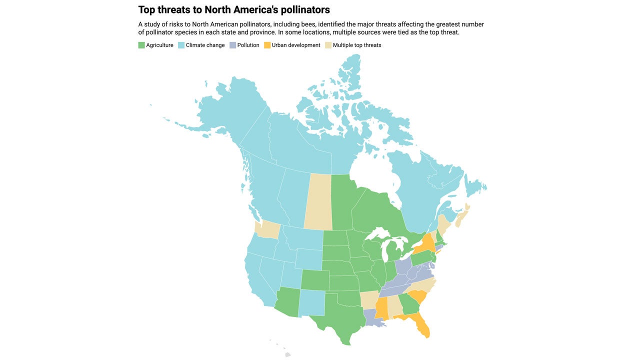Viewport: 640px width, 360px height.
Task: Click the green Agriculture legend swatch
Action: coord(141,45)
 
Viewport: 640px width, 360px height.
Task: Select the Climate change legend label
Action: coord(205,45)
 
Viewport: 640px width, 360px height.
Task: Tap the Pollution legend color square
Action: coord(232,45)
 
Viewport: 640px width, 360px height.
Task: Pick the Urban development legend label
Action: coord(296,45)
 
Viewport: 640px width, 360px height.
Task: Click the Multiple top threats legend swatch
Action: coord(328,45)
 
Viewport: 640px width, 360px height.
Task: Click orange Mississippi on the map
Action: coord(381,307)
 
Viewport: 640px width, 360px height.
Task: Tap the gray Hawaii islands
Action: coord(287,354)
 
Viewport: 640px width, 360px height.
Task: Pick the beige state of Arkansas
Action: coord(369,299)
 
